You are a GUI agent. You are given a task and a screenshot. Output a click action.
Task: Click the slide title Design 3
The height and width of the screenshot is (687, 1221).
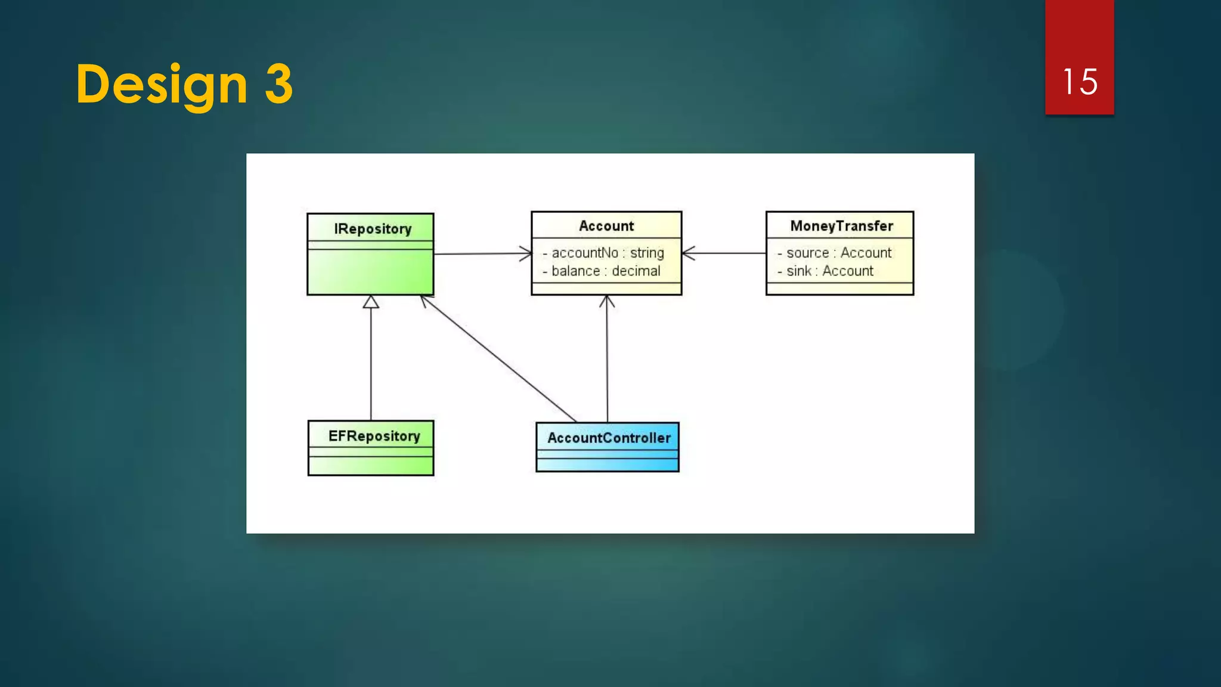(184, 84)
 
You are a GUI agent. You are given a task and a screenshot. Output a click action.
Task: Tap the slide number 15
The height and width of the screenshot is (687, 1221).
(1080, 82)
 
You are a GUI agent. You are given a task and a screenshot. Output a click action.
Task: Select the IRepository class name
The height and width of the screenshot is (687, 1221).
(373, 229)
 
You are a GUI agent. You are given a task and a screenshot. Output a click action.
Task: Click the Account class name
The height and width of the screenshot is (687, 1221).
(606, 226)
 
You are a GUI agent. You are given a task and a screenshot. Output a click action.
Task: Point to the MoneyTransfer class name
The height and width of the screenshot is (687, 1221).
(841, 226)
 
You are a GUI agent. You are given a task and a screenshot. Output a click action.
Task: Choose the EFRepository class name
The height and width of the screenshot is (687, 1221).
(374, 436)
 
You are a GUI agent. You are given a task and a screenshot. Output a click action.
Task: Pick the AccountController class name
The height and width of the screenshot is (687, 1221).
(609, 438)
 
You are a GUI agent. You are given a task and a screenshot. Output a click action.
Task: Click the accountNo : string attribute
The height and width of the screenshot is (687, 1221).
(607, 253)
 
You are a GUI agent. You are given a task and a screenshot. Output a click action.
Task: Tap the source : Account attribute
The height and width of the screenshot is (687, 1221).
(838, 253)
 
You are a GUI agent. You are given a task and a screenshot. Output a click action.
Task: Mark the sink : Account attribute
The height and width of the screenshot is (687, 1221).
(829, 271)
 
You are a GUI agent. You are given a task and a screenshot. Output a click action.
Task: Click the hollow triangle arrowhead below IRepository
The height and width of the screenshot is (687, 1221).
(371, 302)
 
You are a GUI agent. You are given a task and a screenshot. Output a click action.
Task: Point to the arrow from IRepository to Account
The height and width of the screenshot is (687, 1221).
(482, 254)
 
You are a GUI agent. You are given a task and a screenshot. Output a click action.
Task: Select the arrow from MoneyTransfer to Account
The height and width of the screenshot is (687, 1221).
(724, 253)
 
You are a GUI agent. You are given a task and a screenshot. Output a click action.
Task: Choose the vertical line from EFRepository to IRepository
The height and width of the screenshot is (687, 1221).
(371, 364)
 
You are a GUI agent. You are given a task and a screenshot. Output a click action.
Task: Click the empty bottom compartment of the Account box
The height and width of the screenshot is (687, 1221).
(606, 289)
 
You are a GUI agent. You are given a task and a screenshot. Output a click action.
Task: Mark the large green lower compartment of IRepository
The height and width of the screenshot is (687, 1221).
(370, 272)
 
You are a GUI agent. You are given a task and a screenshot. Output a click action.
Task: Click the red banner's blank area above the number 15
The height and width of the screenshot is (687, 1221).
(1080, 30)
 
